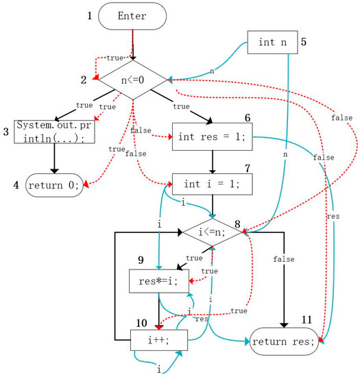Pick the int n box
272,42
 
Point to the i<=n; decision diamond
212,232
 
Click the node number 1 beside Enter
89,15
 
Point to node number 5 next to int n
304,40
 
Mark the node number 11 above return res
307,320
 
